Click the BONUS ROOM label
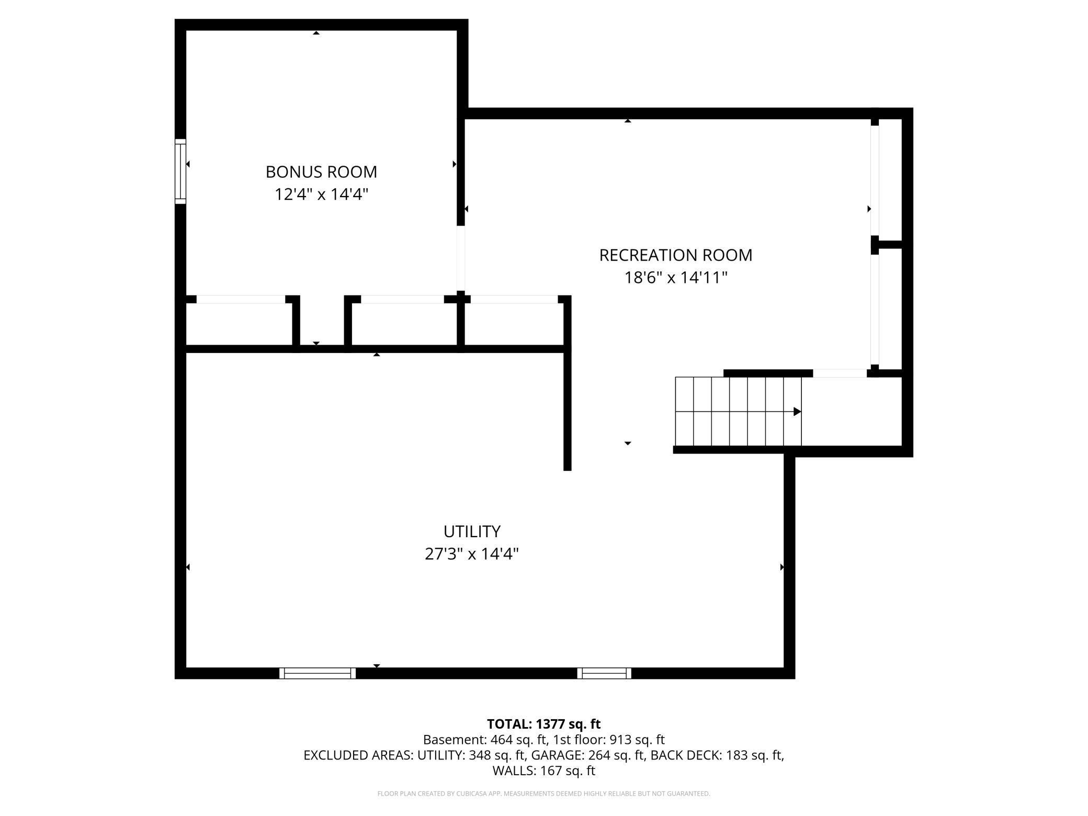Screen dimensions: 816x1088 (x=321, y=172)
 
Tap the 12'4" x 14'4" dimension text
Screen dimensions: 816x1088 (x=321, y=195)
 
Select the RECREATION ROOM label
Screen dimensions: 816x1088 (x=675, y=255)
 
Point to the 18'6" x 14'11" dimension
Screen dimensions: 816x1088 (x=675, y=278)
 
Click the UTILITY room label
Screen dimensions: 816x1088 (x=472, y=531)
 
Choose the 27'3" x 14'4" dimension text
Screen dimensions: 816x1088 (x=472, y=554)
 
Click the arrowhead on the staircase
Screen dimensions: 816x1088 (x=797, y=412)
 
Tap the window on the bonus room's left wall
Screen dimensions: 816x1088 (x=180, y=171)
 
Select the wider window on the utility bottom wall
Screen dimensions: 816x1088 (x=318, y=673)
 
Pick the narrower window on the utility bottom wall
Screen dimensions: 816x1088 (x=604, y=673)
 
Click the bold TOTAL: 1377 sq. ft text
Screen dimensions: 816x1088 (x=543, y=724)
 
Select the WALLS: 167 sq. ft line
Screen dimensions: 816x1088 (x=543, y=770)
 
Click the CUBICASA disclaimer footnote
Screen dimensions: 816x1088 (x=543, y=794)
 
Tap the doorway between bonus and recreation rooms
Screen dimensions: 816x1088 (x=461, y=258)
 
